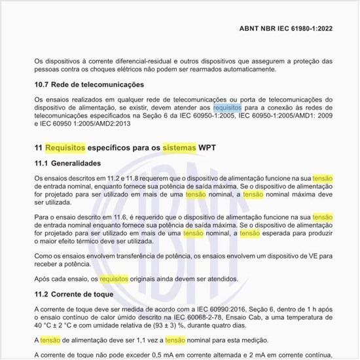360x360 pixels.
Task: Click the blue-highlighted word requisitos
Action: pos(227,107)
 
